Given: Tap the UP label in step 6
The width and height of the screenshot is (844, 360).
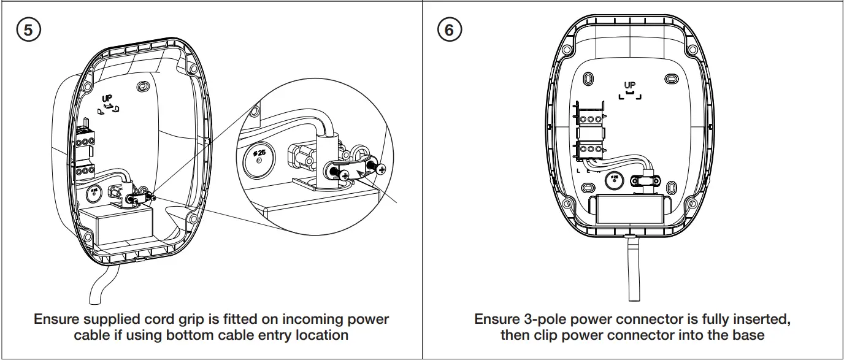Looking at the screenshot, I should click(630, 86).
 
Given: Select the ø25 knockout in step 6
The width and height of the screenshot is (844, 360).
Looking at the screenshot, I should click(614, 180).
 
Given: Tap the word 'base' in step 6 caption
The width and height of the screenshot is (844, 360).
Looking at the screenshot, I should click(749, 335).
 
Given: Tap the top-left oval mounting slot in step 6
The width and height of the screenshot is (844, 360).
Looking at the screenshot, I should click(587, 79).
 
